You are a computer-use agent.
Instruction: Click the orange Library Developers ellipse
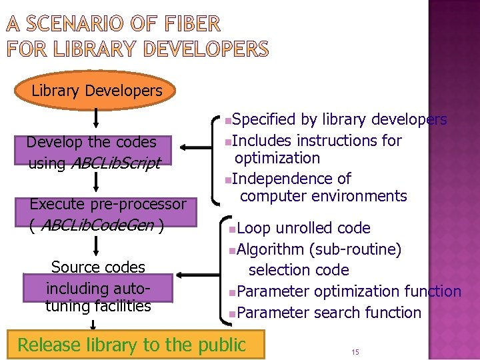pyautogui.click(x=97, y=91)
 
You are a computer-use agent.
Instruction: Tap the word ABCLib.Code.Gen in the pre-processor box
pyautogui.click(x=98, y=225)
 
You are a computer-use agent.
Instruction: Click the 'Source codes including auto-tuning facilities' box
pyautogui.click(x=98, y=287)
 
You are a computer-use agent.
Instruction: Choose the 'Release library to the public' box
pyautogui.click(x=132, y=345)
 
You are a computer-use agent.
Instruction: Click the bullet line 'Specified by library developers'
pyautogui.click(x=339, y=119)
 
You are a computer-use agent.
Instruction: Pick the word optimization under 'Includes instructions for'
pyautogui.click(x=277, y=158)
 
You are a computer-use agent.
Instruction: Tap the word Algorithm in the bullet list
pyautogui.click(x=270, y=249)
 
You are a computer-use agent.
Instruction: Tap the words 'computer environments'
pyautogui.click(x=323, y=196)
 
